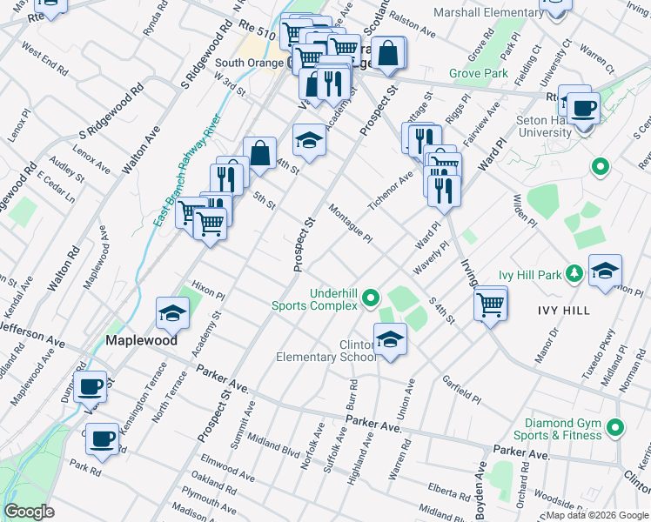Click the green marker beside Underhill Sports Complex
pos(372,298)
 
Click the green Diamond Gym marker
pos(616,427)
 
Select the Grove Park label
pos(479,74)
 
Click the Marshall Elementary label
pos(487,13)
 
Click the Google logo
pos(29,512)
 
